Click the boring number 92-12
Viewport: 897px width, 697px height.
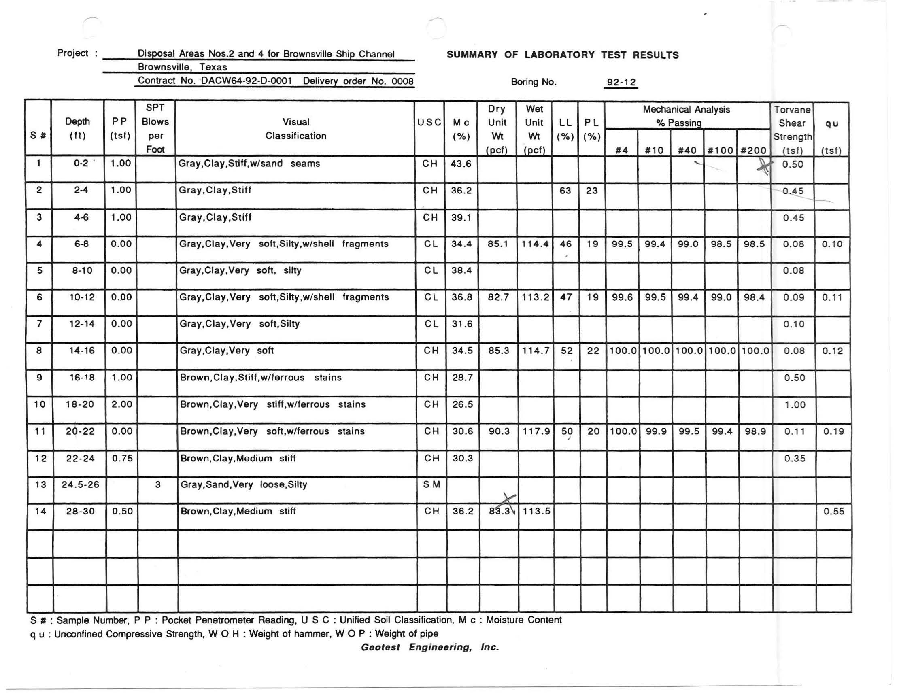(621, 82)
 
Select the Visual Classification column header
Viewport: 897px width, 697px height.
(295, 129)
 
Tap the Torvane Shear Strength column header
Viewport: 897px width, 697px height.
(792, 130)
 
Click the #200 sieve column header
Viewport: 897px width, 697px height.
(753, 150)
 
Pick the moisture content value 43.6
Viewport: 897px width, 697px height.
(461, 164)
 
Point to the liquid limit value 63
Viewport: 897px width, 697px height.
(565, 191)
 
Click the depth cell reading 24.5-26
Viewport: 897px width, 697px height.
(81, 484)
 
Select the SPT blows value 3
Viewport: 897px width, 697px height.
(158, 484)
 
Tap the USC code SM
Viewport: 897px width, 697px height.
(431, 484)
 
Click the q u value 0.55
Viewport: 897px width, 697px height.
(833, 511)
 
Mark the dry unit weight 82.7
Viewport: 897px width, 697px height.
(498, 297)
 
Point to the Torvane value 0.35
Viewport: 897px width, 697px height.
(794, 458)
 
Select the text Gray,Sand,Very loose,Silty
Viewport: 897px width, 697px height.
(244, 484)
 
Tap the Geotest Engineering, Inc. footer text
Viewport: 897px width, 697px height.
(429, 647)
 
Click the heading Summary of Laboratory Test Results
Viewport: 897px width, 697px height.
(563, 55)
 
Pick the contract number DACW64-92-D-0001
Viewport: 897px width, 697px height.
(247, 81)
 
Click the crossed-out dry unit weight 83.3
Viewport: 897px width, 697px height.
(500, 511)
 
